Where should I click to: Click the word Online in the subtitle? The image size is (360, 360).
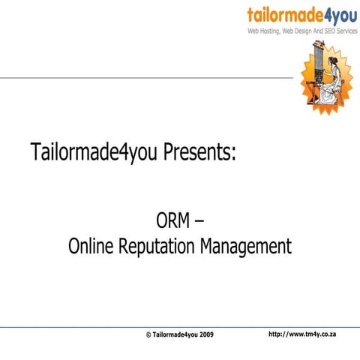92,245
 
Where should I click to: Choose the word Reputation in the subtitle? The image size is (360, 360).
162,247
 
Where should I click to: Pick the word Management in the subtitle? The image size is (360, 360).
248,247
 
